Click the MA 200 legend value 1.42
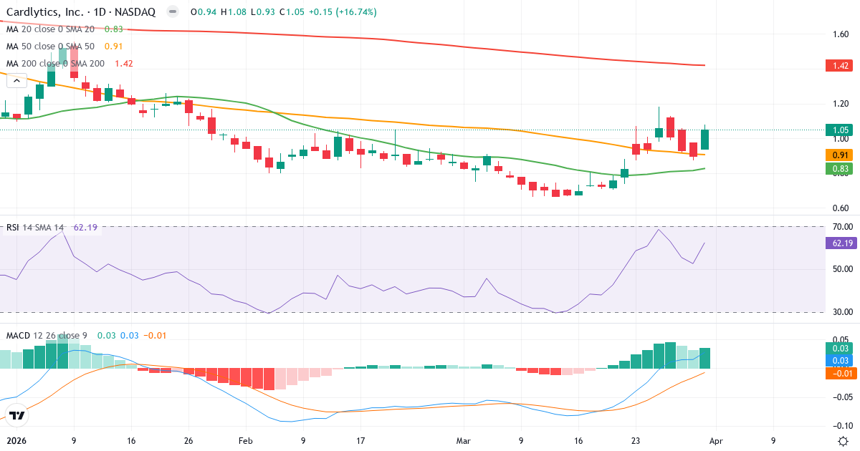pos(123,64)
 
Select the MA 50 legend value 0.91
pos(113,47)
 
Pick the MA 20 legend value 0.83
pos(113,29)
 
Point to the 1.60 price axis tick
pos(841,34)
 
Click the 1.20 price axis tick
pos(841,104)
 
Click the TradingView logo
pos(17,414)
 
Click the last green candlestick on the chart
pos(705,140)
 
